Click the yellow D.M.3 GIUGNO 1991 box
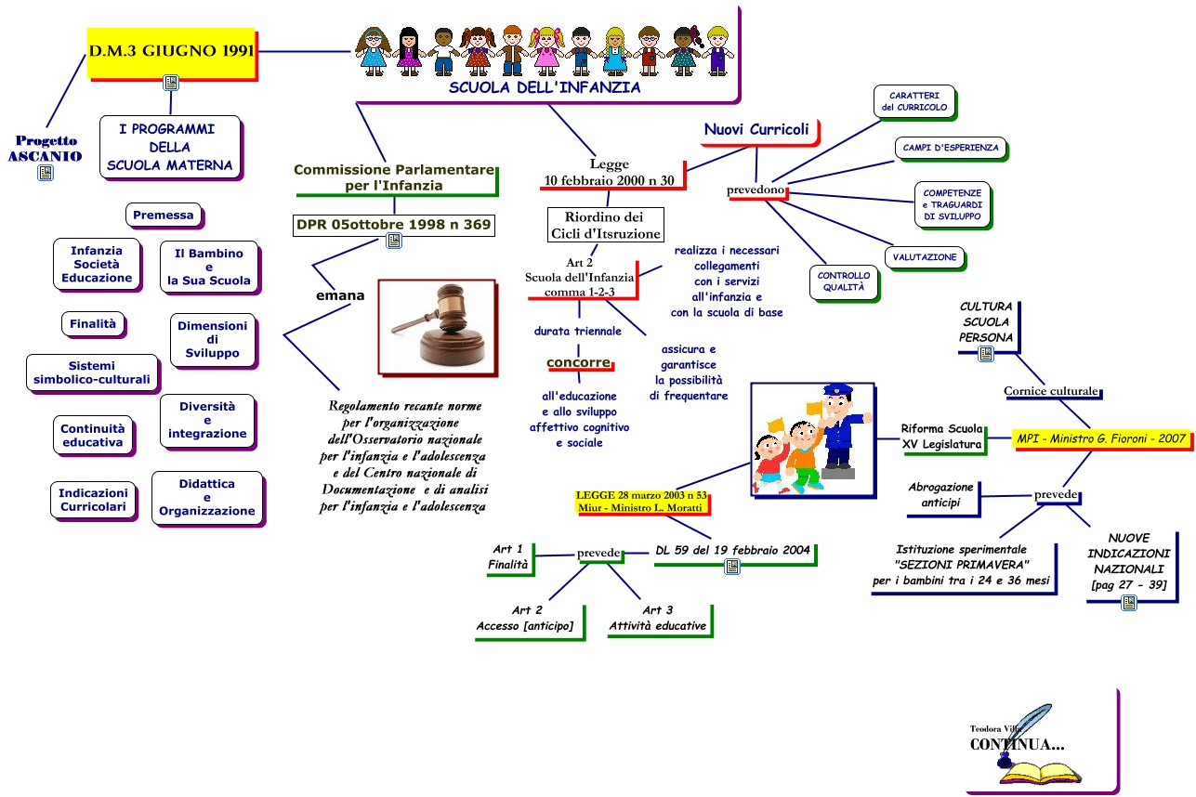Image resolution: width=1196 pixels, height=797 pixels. (x=171, y=50)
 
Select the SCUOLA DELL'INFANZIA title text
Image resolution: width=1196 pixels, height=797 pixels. (x=545, y=88)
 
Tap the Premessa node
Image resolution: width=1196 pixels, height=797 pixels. (x=164, y=216)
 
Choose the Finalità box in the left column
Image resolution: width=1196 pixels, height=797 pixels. (x=94, y=324)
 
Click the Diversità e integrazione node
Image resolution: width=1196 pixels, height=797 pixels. (x=207, y=420)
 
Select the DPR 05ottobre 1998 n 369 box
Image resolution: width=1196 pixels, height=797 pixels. (x=393, y=225)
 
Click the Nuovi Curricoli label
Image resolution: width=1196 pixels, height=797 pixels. (x=756, y=130)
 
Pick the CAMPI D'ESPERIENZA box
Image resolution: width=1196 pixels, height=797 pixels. (x=951, y=148)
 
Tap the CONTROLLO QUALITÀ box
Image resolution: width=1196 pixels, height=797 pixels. (x=844, y=281)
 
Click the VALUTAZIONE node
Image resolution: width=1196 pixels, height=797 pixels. (x=925, y=257)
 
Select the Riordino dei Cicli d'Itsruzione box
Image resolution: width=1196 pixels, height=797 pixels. (x=605, y=225)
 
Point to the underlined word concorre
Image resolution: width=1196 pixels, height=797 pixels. (x=578, y=362)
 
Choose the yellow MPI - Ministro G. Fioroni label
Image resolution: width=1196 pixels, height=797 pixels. (x=1102, y=438)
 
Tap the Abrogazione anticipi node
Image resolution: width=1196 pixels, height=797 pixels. (x=941, y=495)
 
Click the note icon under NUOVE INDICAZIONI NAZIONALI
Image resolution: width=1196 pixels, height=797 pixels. (x=1129, y=603)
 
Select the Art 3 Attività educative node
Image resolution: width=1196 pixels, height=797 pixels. (x=658, y=619)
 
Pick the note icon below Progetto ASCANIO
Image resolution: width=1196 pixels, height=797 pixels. (x=45, y=173)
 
